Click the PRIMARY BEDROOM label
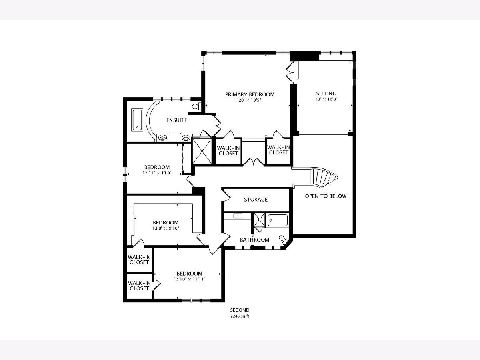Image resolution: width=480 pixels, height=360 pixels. pyautogui.click(x=250, y=94)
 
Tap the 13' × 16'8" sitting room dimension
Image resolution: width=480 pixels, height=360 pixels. pyautogui.click(x=326, y=99)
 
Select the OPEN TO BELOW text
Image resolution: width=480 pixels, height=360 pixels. pyautogui.click(x=326, y=196)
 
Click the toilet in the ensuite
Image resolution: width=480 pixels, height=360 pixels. pyautogui.click(x=196, y=106)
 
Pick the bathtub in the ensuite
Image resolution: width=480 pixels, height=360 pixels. pyautogui.click(x=137, y=120)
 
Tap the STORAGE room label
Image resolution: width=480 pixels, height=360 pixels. pyautogui.click(x=256, y=199)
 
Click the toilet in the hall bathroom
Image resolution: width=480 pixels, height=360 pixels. pyautogui.click(x=284, y=240)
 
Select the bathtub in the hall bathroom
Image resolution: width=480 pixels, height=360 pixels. pyautogui.click(x=278, y=220)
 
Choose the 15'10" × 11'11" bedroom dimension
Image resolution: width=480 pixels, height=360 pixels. pyautogui.click(x=190, y=279)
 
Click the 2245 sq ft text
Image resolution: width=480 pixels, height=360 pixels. pyautogui.click(x=240, y=316)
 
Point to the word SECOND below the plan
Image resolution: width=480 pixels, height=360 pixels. pyautogui.click(x=240, y=310)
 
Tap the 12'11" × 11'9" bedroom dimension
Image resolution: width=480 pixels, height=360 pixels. pyautogui.click(x=157, y=173)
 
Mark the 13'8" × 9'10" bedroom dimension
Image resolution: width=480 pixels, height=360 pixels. pyautogui.click(x=166, y=228)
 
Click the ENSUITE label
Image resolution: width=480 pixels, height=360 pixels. pyautogui.click(x=177, y=120)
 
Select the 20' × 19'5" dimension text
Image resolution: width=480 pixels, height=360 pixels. pyautogui.click(x=250, y=100)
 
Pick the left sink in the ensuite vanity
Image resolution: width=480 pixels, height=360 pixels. pyautogui.click(x=163, y=138)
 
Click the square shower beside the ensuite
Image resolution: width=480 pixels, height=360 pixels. pyautogui.click(x=202, y=151)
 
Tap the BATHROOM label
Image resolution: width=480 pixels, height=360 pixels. pyautogui.click(x=254, y=240)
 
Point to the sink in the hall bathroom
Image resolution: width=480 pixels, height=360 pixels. pyautogui.click(x=238, y=216)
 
